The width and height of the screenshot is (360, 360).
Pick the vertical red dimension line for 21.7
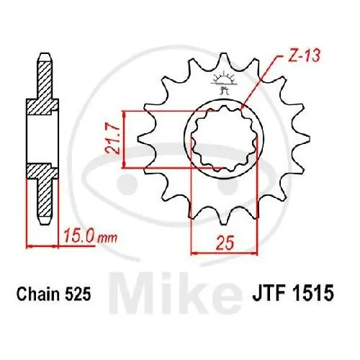[x=125, y=140]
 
